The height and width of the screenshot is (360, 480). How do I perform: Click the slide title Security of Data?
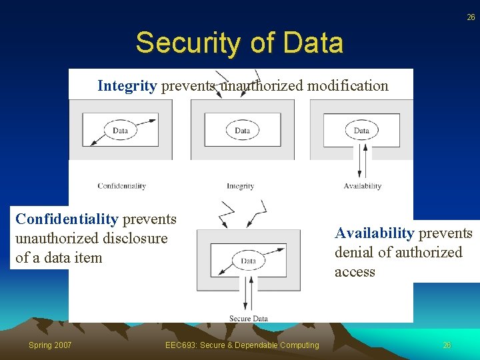pyautogui.click(x=239, y=43)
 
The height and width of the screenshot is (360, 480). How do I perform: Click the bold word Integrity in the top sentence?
pyautogui.click(x=127, y=85)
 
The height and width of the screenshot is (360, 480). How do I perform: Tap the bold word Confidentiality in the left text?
pyautogui.click(x=67, y=219)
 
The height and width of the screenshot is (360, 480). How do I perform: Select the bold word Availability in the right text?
pyautogui.click(x=374, y=233)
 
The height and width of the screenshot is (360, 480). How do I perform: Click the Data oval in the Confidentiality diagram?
pyautogui.click(x=121, y=131)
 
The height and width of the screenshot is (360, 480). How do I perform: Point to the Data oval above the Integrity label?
pyautogui.click(x=242, y=131)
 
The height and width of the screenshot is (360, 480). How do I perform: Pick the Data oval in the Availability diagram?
pyautogui.click(x=361, y=130)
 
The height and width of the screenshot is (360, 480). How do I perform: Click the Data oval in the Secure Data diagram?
pyautogui.click(x=248, y=261)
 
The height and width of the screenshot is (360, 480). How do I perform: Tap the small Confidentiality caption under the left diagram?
pyautogui.click(x=121, y=186)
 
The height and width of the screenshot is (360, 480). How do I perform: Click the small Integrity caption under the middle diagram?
pyautogui.click(x=240, y=186)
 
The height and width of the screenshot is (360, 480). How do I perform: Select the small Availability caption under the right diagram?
pyautogui.click(x=362, y=186)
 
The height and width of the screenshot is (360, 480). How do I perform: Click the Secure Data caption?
pyautogui.click(x=248, y=318)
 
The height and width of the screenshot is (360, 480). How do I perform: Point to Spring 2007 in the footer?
pyautogui.click(x=50, y=345)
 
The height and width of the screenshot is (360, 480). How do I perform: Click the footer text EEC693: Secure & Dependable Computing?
pyautogui.click(x=243, y=345)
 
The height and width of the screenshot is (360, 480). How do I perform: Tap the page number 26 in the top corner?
pyautogui.click(x=471, y=18)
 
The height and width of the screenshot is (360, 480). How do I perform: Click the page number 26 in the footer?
pyautogui.click(x=447, y=345)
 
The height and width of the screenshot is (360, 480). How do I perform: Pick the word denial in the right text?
pyautogui.click(x=354, y=253)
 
